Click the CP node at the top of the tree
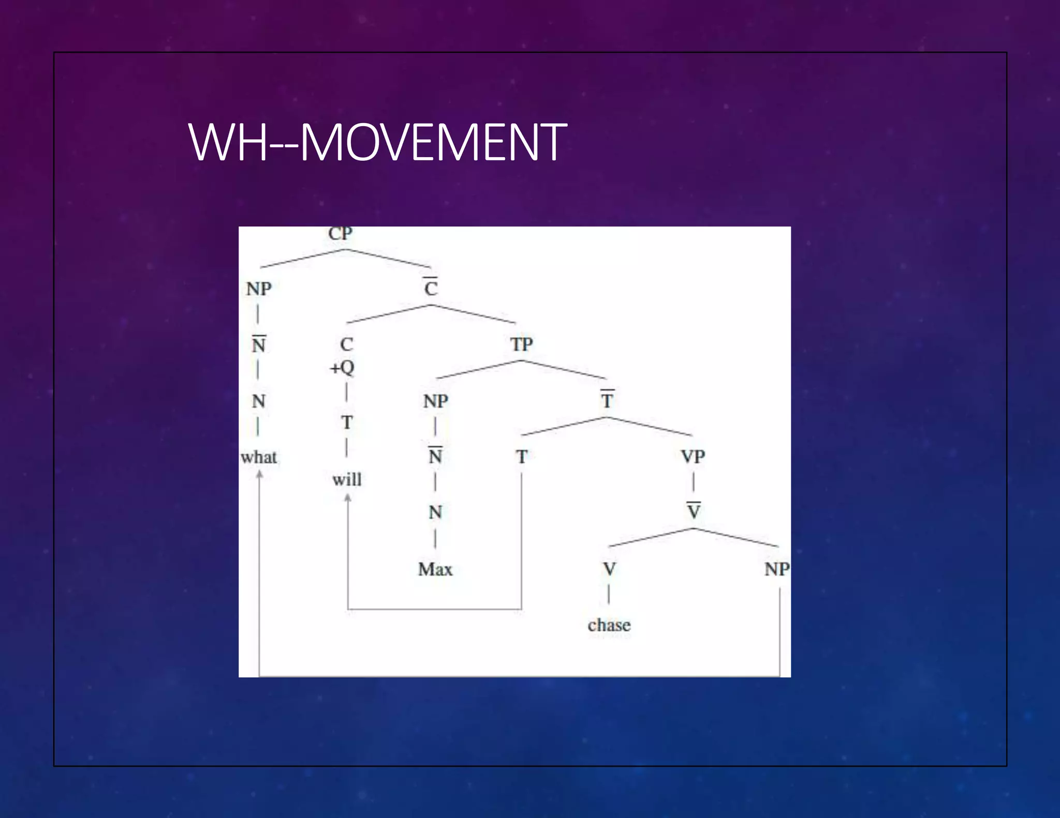point(340,234)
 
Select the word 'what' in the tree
point(259,458)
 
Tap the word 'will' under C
point(347,480)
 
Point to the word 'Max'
point(435,569)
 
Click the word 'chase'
point(609,625)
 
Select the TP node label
point(521,344)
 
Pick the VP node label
point(693,457)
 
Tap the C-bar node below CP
point(431,287)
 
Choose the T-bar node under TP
point(607,400)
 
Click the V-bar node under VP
point(694,511)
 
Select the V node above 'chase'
point(610,569)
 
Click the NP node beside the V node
point(777,569)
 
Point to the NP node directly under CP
point(259,289)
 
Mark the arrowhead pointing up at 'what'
point(259,475)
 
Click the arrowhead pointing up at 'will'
point(348,497)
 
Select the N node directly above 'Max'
point(435,512)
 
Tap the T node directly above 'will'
point(347,422)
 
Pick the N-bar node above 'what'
point(259,344)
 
